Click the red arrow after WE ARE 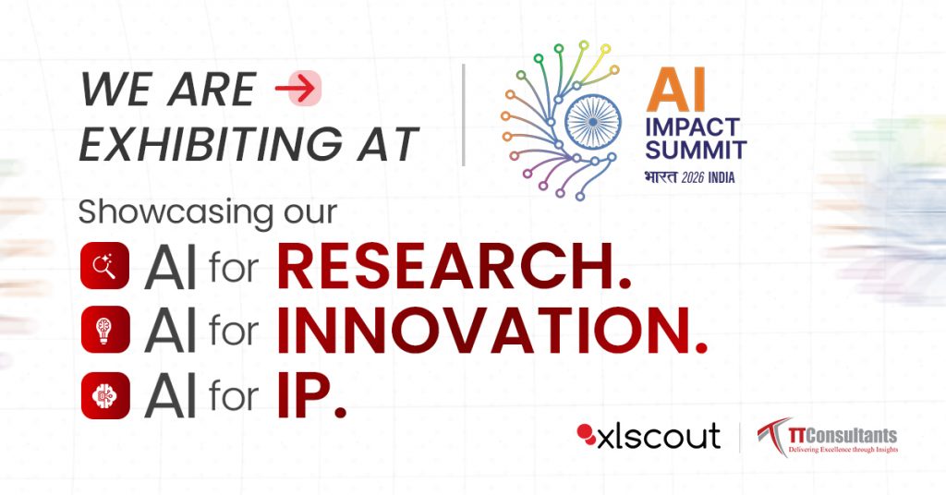pos(296,89)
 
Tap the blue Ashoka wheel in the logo pos(592,122)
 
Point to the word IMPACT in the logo pos(693,127)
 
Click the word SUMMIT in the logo pos(696,150)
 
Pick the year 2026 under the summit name pos(693,178)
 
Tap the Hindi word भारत pos(661,177)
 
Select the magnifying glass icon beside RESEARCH pos(105,266)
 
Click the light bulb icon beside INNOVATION pos(105,330)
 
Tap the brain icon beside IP pos(105,395)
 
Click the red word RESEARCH pos(454,267)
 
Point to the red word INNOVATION pos(491,331)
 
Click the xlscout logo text pos(659,437)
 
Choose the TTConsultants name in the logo pos(843,435)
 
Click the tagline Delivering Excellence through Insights pos(843,450)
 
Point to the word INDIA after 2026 pos(722,178)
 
